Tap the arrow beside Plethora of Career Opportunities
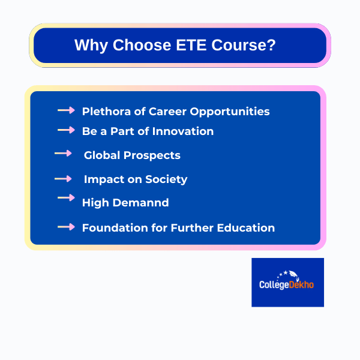coord(66,110)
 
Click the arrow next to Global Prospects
coord(63,154)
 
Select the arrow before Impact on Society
coord(63,179)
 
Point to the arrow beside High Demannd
coord(66,197)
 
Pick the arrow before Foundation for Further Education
coord(66,227)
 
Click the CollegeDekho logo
coord(287,282)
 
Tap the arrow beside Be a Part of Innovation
coord(66,130)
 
